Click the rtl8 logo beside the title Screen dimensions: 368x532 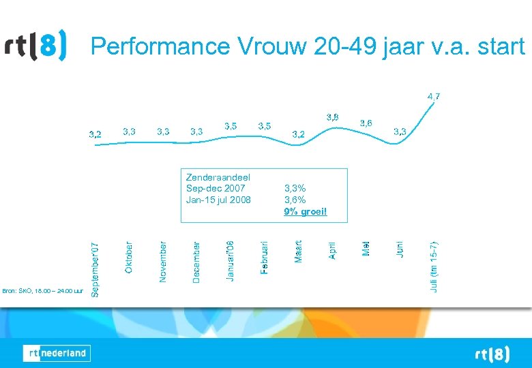click(x=36, y=46)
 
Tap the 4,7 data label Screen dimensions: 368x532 click(x=434, y=97)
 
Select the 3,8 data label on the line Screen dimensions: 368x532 click(x=332, y=117)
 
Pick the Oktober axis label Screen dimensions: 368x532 click(x=129, y=258)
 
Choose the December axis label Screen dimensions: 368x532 click(x=196, y=262)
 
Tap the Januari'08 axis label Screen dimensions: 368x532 click(x=230, y=260)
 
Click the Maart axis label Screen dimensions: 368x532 click(x=298, y=251)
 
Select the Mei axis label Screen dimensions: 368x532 click(x=366, y=247)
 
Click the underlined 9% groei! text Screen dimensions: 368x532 click(x=306, y=212)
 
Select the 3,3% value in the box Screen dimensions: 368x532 click(x=295, y=189)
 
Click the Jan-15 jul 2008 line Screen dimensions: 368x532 click(x=218, y=200)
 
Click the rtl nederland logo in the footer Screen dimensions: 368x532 click(x=57, y=353)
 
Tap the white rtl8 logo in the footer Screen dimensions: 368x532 click(x=492, y=354)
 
